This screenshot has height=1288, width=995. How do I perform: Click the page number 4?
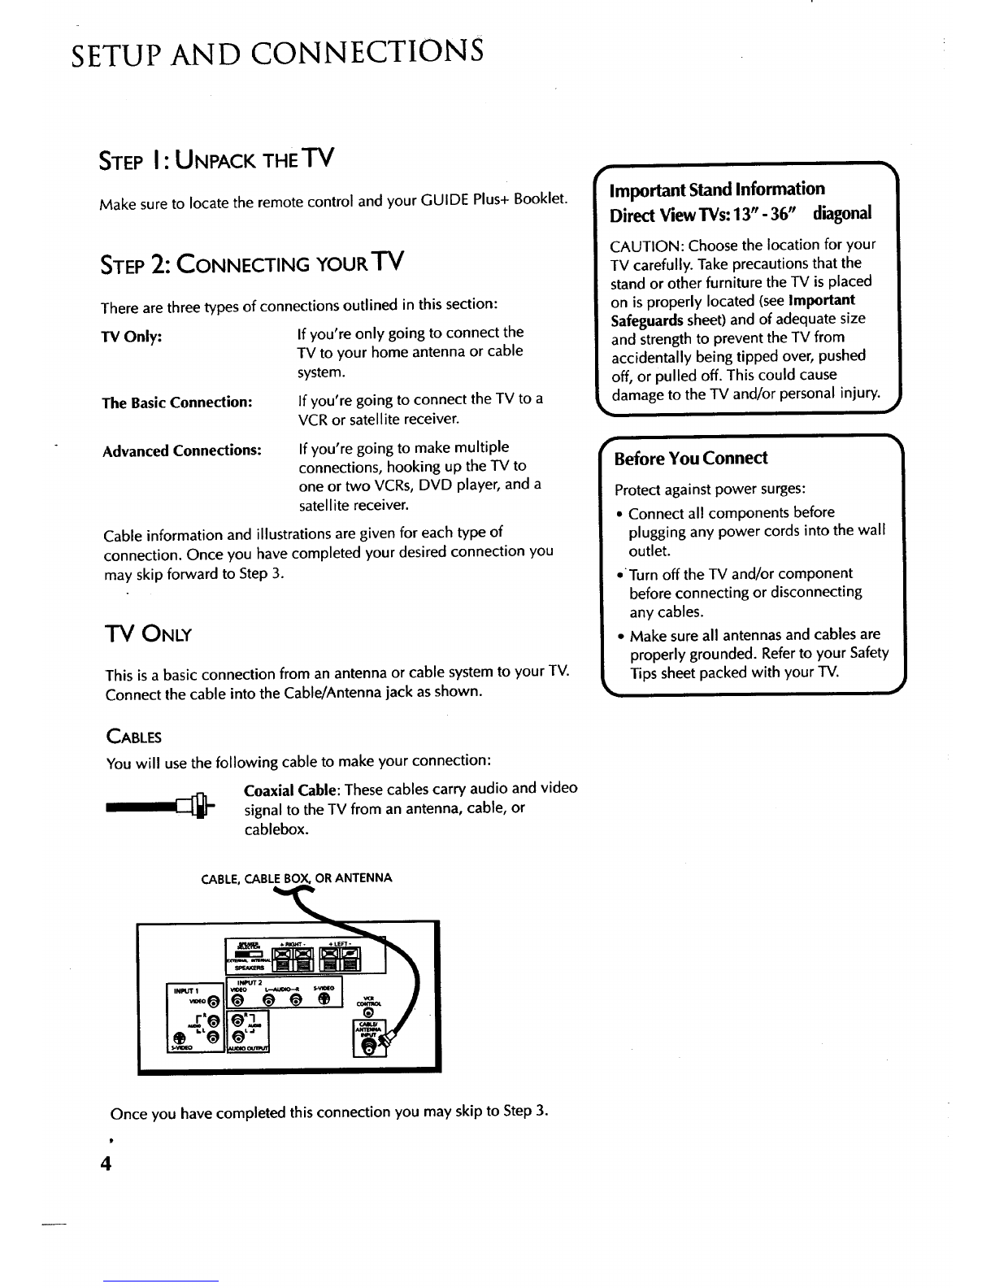(104, 1163)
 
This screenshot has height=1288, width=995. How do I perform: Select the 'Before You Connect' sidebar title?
(690, 459)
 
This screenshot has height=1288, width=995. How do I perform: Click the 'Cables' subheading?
(134, 738)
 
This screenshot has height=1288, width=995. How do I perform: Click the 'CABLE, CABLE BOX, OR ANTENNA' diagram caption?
(297, 878)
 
